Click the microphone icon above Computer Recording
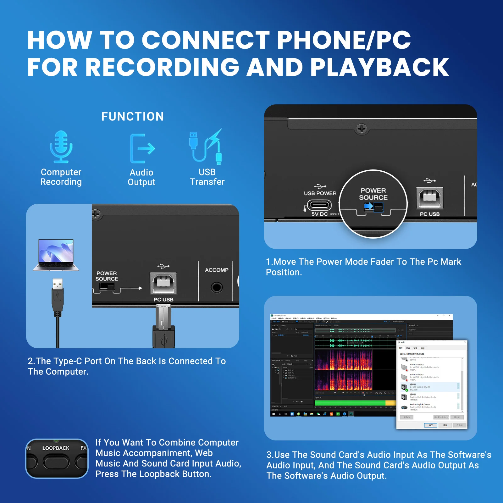click(x=61, y=147)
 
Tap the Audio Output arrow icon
click(x=142, y=148)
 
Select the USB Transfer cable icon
click(x=206, y=147)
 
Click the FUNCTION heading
click(x=132, y=117)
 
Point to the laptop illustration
click(x=56, y=255)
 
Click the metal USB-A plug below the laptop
click(x=58, y=285)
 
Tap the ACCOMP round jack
click(x=217, y=287)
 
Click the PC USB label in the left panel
click(x=163, y=300)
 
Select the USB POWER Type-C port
click(x=319, y=205)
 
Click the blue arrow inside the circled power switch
click(x=368, y=206)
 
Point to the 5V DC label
click(x=319, y=214)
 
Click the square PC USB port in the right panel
click(x=429, y=198)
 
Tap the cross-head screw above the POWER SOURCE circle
click(x=362, y=129)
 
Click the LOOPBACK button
click(x=56, y=462)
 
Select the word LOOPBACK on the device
click(x=56, y=448)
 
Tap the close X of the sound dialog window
click(x=465, y=342)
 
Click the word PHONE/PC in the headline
click(x=343, y=40)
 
